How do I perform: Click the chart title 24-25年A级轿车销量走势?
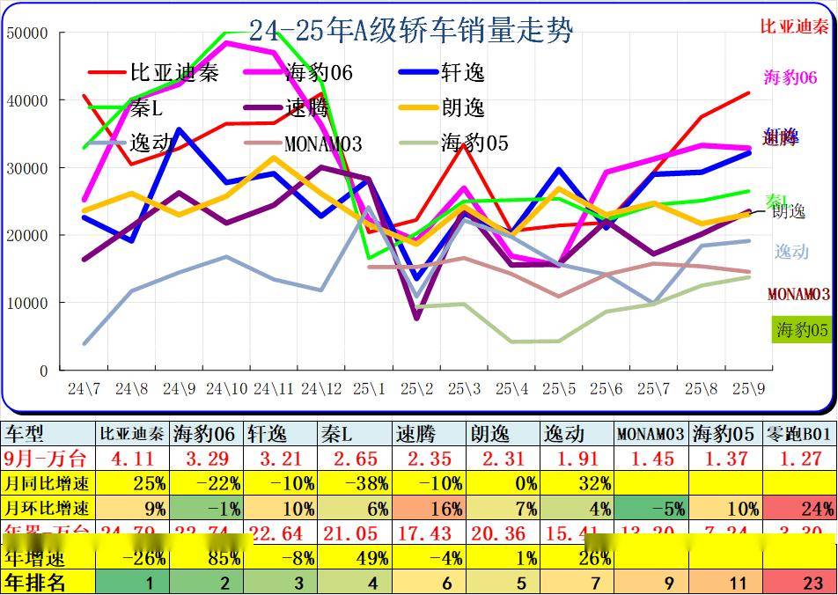pyautogui.click(x=411, y=32)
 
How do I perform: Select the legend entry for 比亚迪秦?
pyautogui.click(x=173, y=72)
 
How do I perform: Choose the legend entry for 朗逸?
pyautogui.click(x=463, y=108)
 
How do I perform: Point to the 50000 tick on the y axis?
pyautogui.click(x=27, y=33)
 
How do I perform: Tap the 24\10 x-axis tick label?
pyautogui.click(x=226, y=388)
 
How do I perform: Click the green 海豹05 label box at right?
pyautogui.click(x=801, y=330)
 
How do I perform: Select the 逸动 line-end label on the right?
pyautogui.click(x=791, y=252)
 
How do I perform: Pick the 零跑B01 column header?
pyautogui.click(x=799, y=433)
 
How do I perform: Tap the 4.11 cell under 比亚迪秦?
pyautogui.click(x=131, y=458)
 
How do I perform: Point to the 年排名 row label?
pyautogui.click(x=35, y=582)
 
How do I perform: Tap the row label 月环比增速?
pyautogui.click(x=48, y=508)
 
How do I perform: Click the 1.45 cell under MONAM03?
pyautogui.click(x=652, y=458)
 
